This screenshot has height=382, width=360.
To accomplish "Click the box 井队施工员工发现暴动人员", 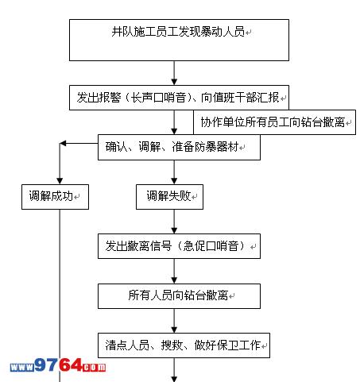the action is [x=179, y=40].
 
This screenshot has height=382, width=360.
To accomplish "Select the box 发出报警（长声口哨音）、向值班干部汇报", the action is [x=179, y=98].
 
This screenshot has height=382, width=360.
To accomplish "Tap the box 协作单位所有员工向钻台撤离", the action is [x=274, y=122].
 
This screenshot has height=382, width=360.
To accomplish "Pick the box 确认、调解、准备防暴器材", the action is [x=179, y=147].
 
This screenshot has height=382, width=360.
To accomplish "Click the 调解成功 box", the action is [x=55, y=197].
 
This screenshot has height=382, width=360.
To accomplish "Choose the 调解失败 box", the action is [x=169, y=197].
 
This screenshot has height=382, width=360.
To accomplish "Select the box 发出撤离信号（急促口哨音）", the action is [x=179, y=246].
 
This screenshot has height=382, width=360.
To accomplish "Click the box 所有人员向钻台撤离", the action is [x=179, y=296].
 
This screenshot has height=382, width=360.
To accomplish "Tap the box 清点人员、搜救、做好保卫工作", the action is [x=184, y=345].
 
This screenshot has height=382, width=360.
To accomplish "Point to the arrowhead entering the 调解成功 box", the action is [x=60, y=181].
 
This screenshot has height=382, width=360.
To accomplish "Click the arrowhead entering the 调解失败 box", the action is [x=174, y=181].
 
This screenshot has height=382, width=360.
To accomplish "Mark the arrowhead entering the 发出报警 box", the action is [x=174, y=82].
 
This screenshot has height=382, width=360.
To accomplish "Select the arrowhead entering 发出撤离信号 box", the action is [x=174, y=230].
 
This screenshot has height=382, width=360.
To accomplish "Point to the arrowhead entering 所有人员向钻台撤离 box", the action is [x=174, y=280].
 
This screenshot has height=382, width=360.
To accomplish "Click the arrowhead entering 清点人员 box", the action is [x=174, y=330].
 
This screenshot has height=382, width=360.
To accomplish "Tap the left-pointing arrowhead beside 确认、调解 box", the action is [x=63, y=144].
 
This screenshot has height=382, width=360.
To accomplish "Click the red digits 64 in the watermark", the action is [x=71, y=365].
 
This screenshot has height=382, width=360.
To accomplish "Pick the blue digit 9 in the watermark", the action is [x=41, y=365].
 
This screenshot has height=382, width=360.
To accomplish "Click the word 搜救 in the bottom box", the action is [x=172, y=345].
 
